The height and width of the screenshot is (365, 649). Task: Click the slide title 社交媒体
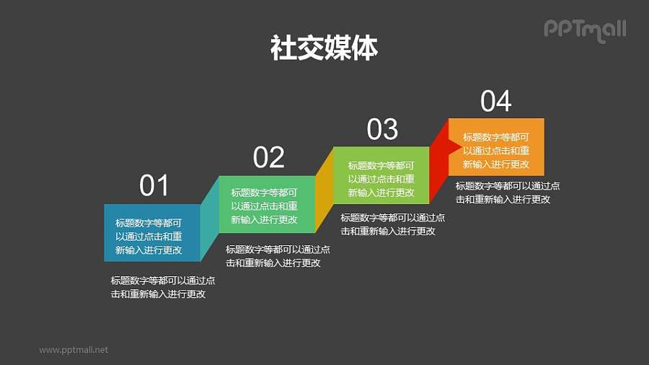[324, 48]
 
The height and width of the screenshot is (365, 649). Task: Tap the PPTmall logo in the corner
[584, 29]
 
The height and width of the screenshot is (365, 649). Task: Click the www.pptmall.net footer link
[74, 350]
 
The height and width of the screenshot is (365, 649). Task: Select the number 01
[154, 186]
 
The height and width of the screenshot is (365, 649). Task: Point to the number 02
[268, 157]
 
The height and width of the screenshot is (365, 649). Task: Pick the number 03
[382, 129]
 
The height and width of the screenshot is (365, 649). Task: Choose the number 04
[496, 102]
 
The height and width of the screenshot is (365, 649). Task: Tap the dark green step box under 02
[265, 204]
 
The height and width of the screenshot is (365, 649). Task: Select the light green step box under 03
[381, 175]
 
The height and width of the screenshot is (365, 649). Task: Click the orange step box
[496, 147]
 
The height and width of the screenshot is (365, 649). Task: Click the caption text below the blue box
[162, 287]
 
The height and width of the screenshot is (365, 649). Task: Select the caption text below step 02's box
[278, 256]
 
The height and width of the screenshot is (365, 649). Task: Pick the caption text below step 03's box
[392, 224]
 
